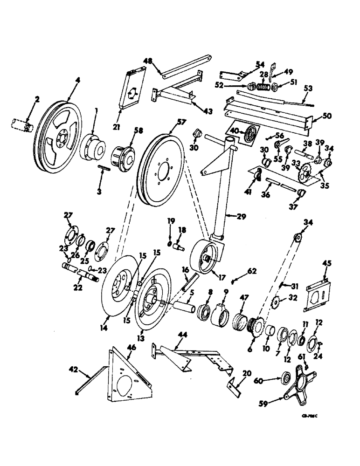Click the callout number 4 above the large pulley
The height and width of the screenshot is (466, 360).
[x=77, y=80]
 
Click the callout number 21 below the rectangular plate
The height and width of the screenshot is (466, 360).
[x=122, y=113]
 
